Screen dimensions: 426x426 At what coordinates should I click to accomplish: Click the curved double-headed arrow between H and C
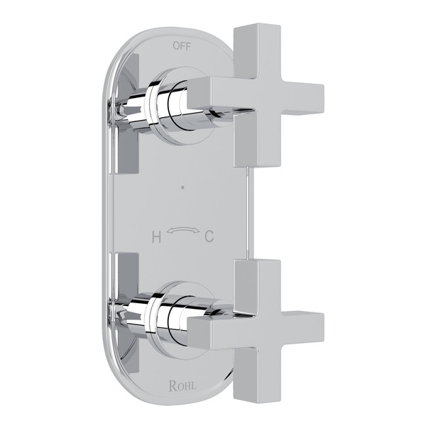181,231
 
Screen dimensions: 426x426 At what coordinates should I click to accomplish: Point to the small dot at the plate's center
182,190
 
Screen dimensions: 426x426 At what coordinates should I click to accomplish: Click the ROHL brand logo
183,386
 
